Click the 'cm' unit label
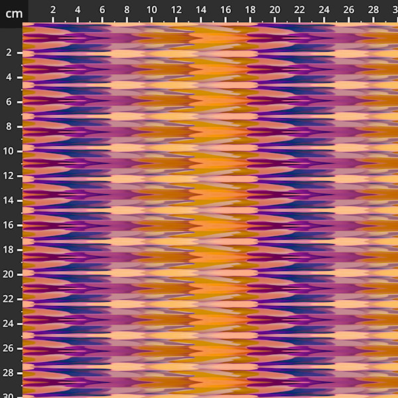coord(14,13)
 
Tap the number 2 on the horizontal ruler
coord(53,10)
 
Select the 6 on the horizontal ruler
coord(102,10)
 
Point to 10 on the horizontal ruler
coord(152,10)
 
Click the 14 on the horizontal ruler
coord(201,10)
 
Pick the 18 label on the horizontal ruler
coord(250,10)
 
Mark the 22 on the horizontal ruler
coord(299,10)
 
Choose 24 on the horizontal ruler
coord(324,10)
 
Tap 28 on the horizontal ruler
coord(373,10)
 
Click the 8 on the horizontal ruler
coord(127,10)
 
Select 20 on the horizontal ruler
coord(275,10)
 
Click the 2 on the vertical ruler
coord(9,52)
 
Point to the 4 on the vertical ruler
coord(9,77)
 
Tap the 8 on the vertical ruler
coord(9,126)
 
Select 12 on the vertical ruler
coord(9,176)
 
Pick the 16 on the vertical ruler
coord(9,225)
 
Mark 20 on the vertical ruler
coord(9,274)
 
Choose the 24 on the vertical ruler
coord(9,324)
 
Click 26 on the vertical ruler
coord(9,348)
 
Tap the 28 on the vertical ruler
coord(9,373)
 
